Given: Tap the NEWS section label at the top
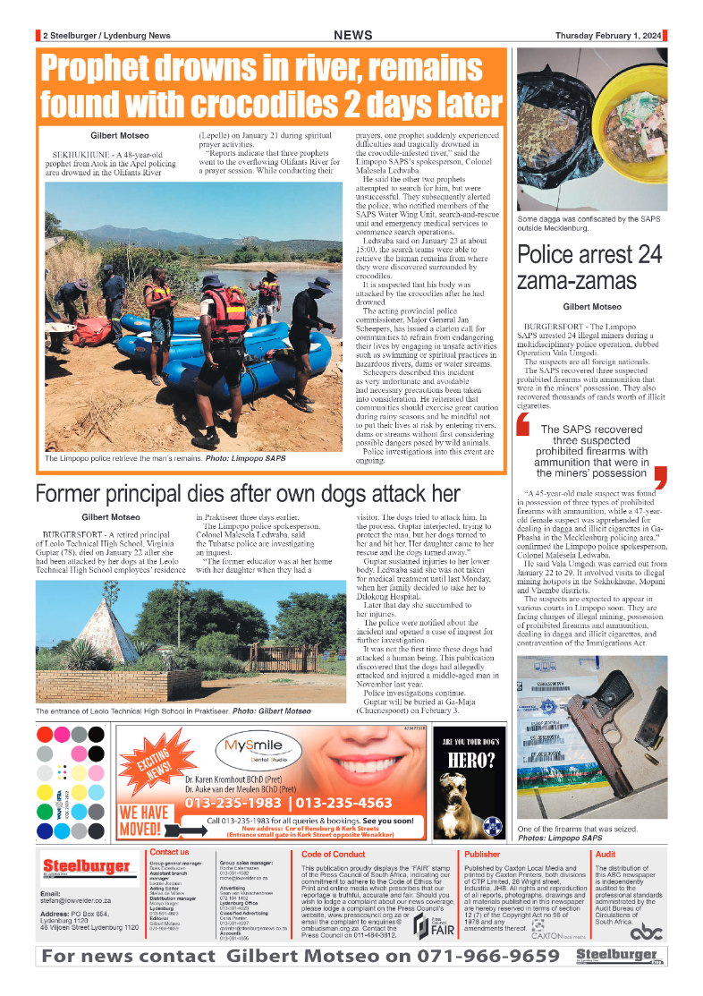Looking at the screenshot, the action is (353, 35).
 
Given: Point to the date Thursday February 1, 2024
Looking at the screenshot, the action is (608, 36).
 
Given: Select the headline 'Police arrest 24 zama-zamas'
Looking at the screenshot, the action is (589, 268).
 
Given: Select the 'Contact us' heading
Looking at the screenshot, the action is (169, 852).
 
